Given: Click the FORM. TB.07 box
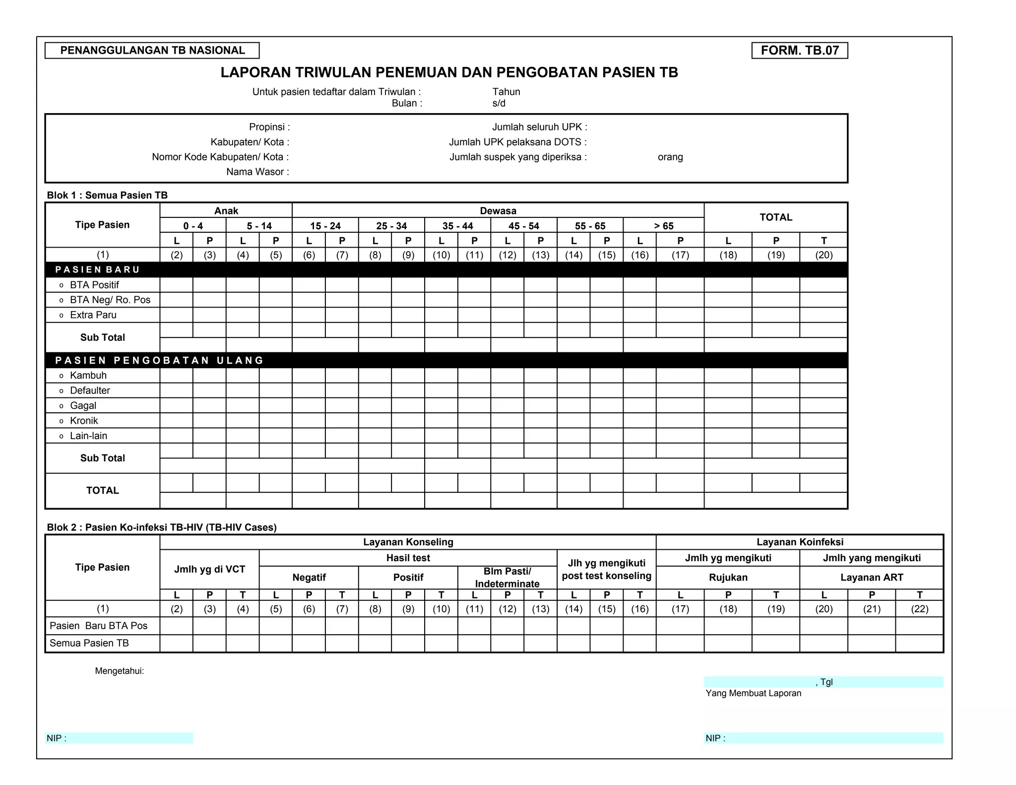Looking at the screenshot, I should pyautogui.click(x=799, y=51).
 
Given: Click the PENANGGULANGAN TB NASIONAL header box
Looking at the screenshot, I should pyautogui.click(x=152, y=51).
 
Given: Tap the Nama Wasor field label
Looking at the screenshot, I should pyautogui.click(x=257, y=172).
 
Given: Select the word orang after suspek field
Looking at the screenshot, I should pyautogui.click(x=670, y=157).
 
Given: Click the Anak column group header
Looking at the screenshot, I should pyautogui.click(x=226, y=211).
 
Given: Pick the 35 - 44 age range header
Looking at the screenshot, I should pyautogui.click(x=457, y=226).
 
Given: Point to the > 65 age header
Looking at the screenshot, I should pyautogui.click(x=663, y=226).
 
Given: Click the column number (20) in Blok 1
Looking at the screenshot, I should pyautogui.click(x=824, y=255).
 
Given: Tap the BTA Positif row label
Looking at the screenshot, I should pyautogui.click(x=94, y=285).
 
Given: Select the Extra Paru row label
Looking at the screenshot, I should pyautogui.click(x=93, y=315).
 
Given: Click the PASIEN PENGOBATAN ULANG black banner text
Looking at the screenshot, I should pyautogui.click(x=159, y=360).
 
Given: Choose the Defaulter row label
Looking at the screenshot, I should pyautogui.click(x=90, y=391).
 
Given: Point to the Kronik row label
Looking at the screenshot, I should pyautogui.click(x=84, y=421).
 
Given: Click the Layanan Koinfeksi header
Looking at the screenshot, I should pyautogui.click(x=799, y=542).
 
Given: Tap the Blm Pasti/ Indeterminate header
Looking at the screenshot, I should pyautogui.click(x=507, y=578).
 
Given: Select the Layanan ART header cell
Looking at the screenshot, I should pyautogui.click(x=871, y=578).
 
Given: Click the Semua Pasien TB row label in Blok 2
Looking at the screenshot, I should pyautogui.click(x=89, y=643).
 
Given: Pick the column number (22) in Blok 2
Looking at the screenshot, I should pyautogui.click(x=919, y=609).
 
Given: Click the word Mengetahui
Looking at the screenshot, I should pyautogui.click(x=120, y=671).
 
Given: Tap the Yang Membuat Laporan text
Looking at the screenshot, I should pyautogui.click(x=753, y=693).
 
